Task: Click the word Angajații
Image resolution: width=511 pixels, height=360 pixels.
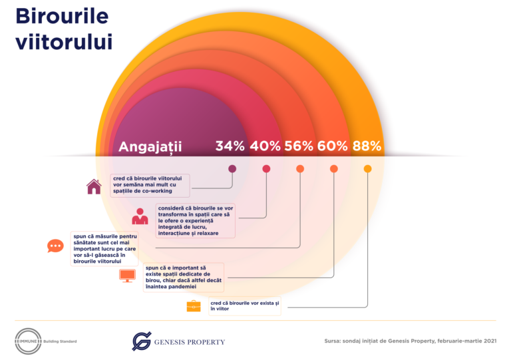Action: click(150, 147)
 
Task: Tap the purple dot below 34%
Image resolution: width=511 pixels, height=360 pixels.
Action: click(232, 168)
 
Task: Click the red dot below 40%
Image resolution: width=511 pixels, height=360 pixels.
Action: click(266, 168)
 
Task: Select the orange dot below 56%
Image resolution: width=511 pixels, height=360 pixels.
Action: click(300, 168)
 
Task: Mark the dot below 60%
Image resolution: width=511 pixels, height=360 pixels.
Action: click(333, 168)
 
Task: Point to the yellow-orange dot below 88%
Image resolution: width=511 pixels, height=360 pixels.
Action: click(367, 168)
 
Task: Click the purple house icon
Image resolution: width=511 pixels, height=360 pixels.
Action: click(94, 186)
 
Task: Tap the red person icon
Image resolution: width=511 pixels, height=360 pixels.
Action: click(140, 216)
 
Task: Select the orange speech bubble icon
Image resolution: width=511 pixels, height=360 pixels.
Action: click(55, 246)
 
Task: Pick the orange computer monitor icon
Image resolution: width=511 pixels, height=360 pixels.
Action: click(126, 275)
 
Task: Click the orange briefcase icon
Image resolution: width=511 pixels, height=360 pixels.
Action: click(193, 306)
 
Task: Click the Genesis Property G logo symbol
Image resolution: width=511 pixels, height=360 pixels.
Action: click(141, 341)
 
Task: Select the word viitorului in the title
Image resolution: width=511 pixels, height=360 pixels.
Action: click(63, 41)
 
